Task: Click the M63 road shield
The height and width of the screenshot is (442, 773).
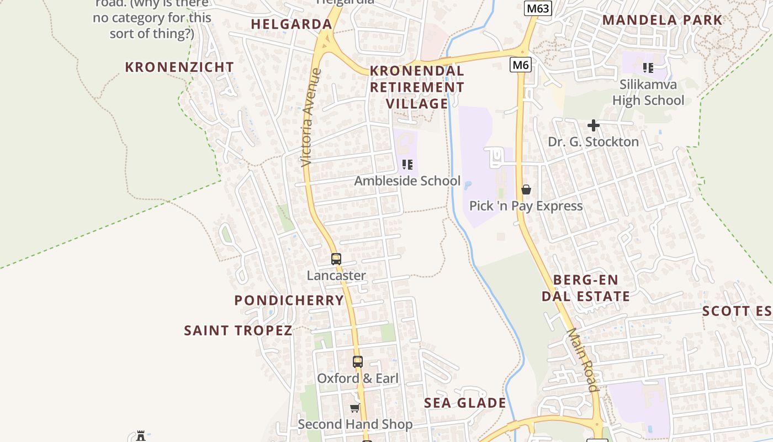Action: (537, 8)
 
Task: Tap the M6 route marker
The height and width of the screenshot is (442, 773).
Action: (520, 65)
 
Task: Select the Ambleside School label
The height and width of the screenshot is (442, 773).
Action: (407, 181)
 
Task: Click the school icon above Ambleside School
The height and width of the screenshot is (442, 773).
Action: (407, 165)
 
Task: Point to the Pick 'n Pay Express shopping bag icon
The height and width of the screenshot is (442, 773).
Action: (526, 190)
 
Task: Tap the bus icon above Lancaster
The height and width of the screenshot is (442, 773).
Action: (336, 259)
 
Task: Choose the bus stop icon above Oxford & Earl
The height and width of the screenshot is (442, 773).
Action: (358, 362)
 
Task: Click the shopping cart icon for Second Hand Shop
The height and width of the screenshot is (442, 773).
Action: (355, 408)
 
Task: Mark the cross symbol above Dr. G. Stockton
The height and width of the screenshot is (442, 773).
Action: (594, 125)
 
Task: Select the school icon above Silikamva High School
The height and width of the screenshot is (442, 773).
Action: (648, 68)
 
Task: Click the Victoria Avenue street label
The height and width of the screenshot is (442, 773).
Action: (311, 117)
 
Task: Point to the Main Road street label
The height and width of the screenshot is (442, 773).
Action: (583, 360)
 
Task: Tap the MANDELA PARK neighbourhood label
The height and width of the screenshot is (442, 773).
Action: (662, 20)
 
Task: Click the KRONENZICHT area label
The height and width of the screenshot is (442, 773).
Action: (179, 67)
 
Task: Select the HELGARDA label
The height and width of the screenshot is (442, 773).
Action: (292, 24)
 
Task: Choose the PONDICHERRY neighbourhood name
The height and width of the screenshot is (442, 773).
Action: (289, 301)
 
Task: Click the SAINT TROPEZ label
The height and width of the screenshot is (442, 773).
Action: (238, 330)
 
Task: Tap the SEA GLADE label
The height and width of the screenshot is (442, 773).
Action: (465, 403)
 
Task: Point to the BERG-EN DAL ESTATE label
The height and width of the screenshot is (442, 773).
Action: (585, 288)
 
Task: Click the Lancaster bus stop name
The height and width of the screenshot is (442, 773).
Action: (336, 275)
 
